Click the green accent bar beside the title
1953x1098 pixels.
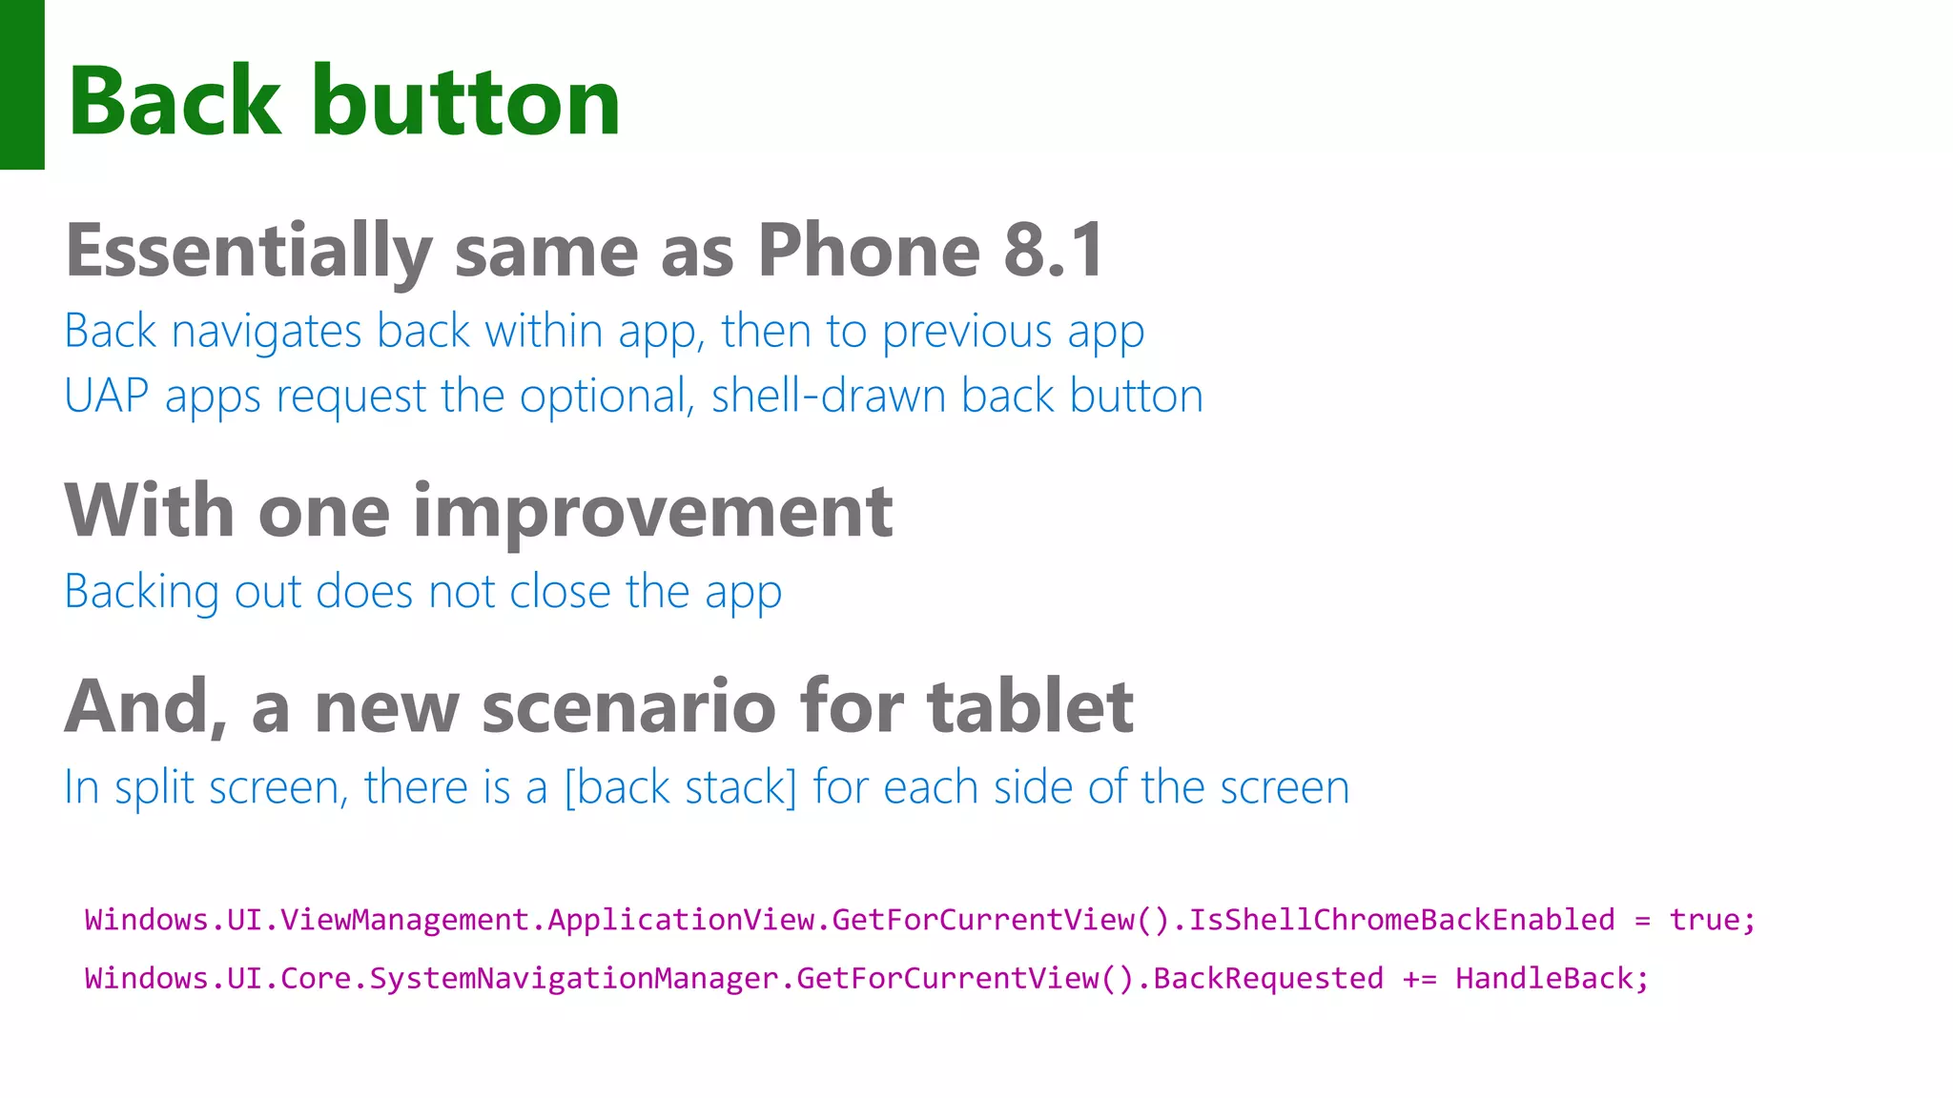pyautogui.click(x=22, y=84)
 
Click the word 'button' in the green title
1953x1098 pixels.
pyautogui.click(x=466, y=102)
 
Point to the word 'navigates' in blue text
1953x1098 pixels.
pyautogui.click(x=266, y=333)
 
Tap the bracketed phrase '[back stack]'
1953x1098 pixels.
pyautogui.click(x=680, y=788)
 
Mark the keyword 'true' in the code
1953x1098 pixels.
pyautogui.click(x=1703, y=920)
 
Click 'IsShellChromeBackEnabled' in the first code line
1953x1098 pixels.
pyautogui.click(x=1401, y=920)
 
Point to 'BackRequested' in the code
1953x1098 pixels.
pyautogui.click(x=1267, y=979)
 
